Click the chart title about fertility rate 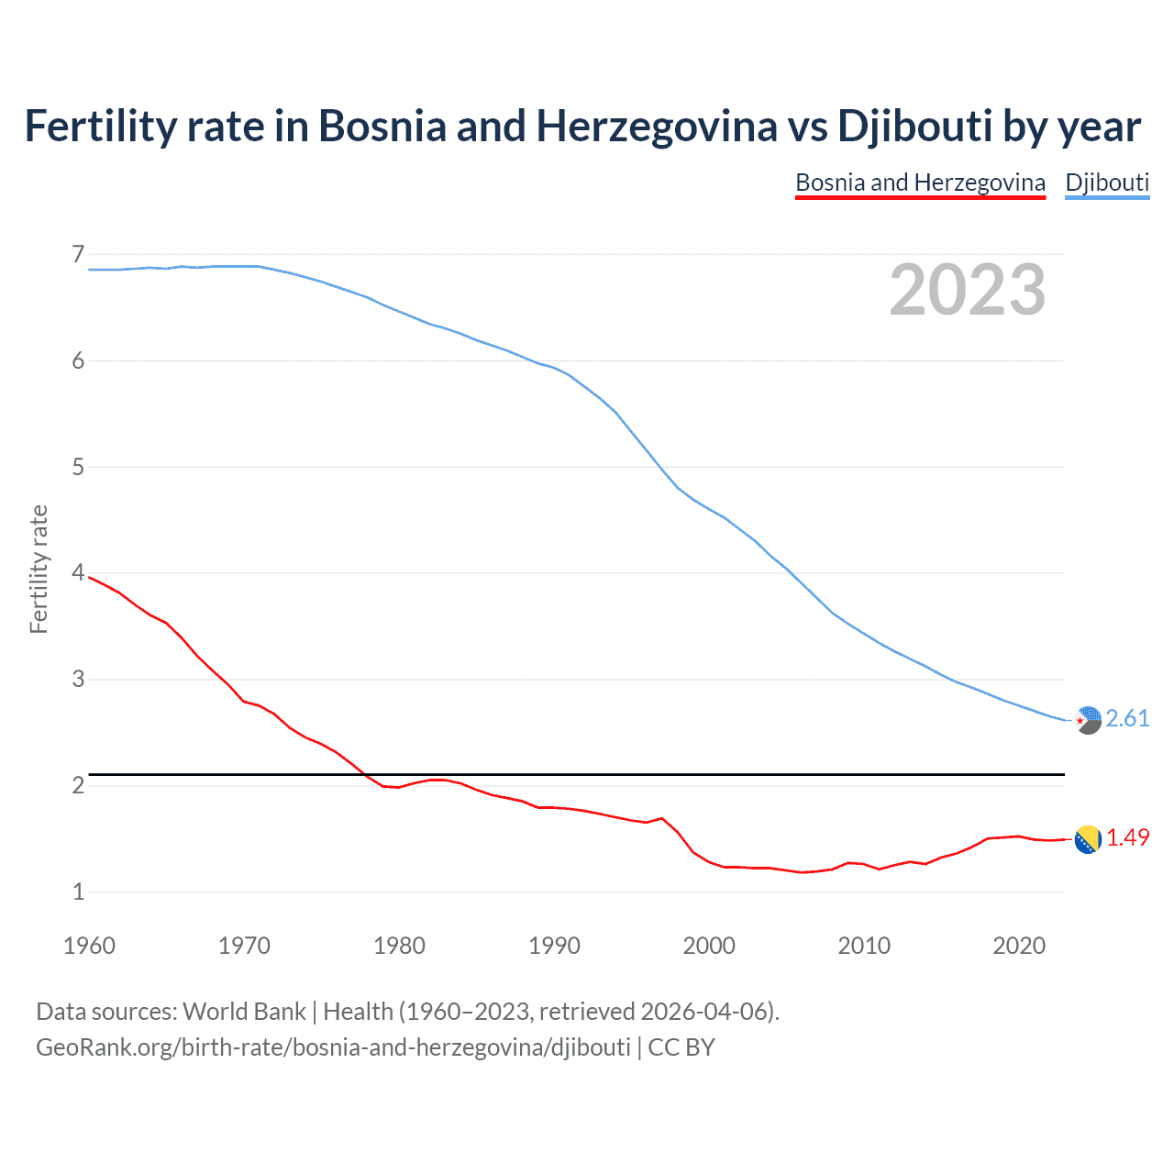(582, 127)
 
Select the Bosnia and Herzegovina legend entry (920, 183)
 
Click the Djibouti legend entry (1107, 183)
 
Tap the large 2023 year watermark (967, 291)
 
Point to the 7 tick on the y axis (78, 254)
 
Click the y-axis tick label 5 (78, 467)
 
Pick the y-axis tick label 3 (78, 680)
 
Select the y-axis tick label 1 (78, 892)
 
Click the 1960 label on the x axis (89, 946)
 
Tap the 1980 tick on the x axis (399, 946)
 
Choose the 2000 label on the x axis (709, 946)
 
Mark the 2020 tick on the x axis (1019, 946)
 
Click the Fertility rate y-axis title (39, 569)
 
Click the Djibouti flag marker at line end (1088, 720)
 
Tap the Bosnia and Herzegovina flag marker (1088, 839)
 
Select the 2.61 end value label (1127, 718)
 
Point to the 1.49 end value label (1127, 837)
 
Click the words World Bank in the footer (244, 1012)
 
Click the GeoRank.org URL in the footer (333, 1047)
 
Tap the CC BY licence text (681, 1047)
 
